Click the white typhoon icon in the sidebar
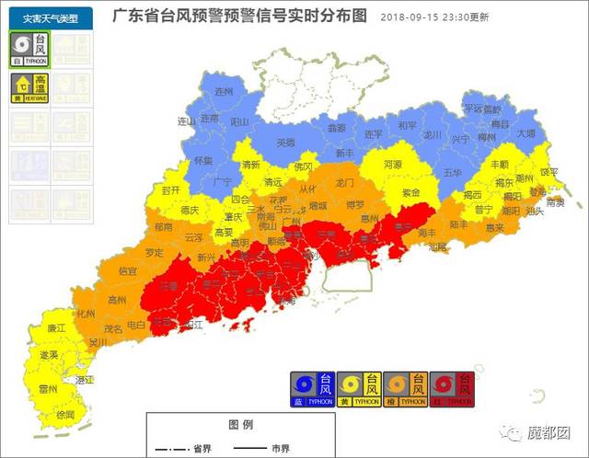pos(29,49)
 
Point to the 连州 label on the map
pos(224,93)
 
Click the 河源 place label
pos(393,165)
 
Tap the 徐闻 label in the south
pos(65,415)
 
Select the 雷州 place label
pos(48,389)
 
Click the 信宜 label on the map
pos(128,271)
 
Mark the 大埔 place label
pos(525,132)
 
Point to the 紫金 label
pos(410,193)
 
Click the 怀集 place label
pos(203,160)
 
